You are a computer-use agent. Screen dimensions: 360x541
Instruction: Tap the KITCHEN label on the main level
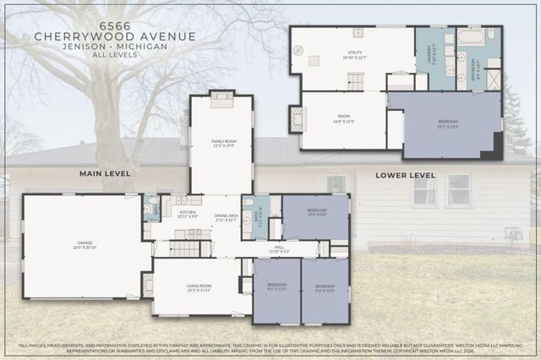click(187, 214)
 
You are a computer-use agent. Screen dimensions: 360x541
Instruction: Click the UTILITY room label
click(352, 56)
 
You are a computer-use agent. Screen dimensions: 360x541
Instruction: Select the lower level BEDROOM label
click(447, 123)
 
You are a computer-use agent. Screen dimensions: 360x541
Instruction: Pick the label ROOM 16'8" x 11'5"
click(343, 119)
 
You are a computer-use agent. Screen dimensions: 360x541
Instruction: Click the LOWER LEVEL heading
click(407, 175)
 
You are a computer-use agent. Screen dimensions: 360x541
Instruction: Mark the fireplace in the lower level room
click(297, 120)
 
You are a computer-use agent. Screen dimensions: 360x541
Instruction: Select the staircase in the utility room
click(356, 81)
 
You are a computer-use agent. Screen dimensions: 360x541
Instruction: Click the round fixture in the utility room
click(298, 50)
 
